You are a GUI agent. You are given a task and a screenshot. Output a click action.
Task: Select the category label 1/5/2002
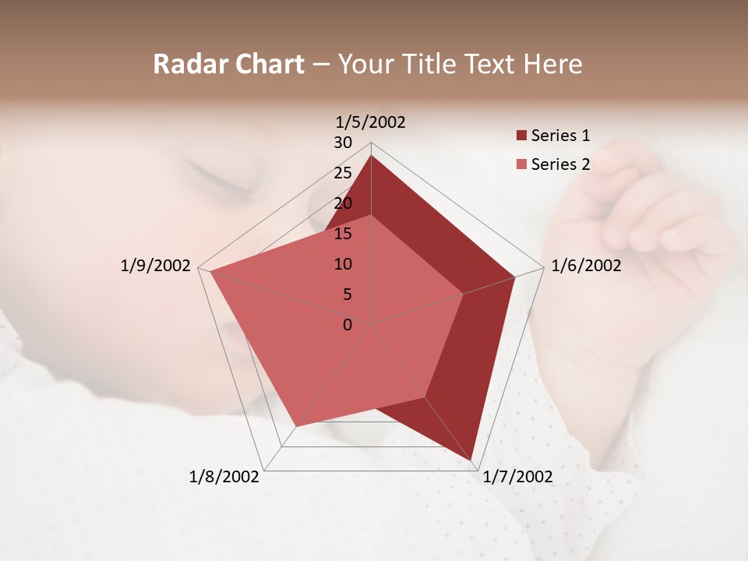(370, 122)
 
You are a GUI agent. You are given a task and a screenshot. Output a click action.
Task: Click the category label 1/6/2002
(586, 266)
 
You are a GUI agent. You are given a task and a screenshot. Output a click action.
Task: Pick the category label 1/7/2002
(517, 477)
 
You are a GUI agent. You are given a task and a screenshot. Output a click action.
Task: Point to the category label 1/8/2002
(224, 477)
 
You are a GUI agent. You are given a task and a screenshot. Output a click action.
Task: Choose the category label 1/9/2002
(155, 266)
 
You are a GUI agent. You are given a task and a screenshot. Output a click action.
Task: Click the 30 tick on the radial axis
(343, 143)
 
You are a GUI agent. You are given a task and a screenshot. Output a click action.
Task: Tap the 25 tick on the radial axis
(343, 173)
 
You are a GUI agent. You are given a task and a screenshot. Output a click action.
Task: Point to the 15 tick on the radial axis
(343, 234)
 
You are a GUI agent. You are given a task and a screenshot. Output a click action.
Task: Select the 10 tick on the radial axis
(343, 264)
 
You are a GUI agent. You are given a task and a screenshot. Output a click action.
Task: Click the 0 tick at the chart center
(348, 325)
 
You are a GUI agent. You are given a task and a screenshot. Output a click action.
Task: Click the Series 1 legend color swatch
(521, 136)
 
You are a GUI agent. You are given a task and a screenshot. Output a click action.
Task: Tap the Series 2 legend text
(560, 164)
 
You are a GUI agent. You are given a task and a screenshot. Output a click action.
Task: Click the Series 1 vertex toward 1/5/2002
(371, 155)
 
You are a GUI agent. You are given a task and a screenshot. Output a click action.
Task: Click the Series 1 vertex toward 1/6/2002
(515, 277)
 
